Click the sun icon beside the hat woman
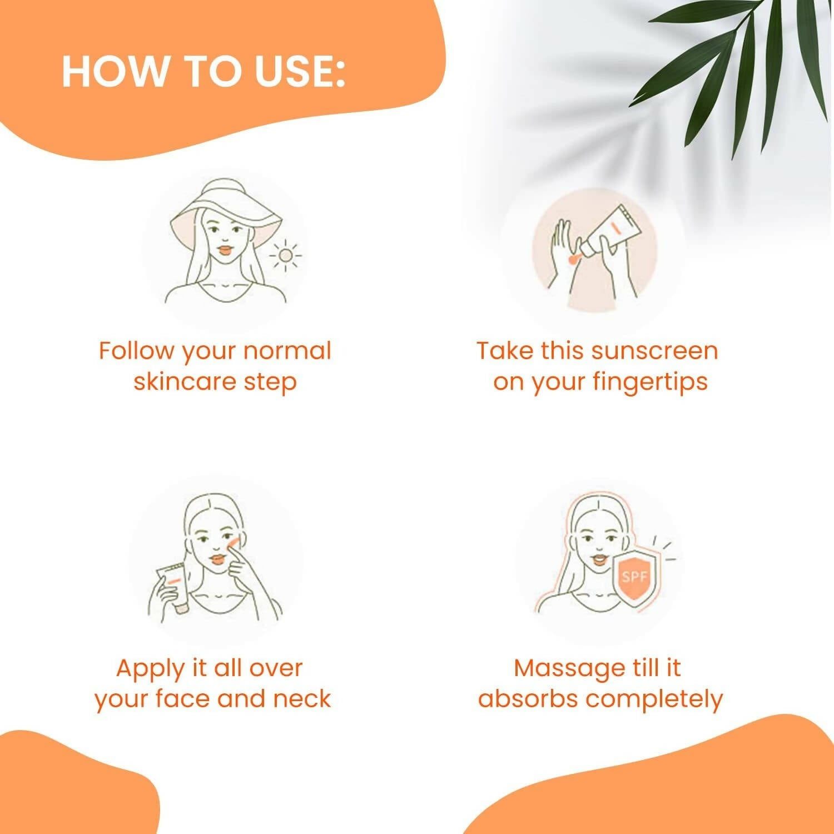[x=285, y=255]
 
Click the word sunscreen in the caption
[x=654, y=351]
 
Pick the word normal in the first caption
[x=287, y=351]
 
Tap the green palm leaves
[x=734, y=67]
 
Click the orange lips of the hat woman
[x=224, y=250]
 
